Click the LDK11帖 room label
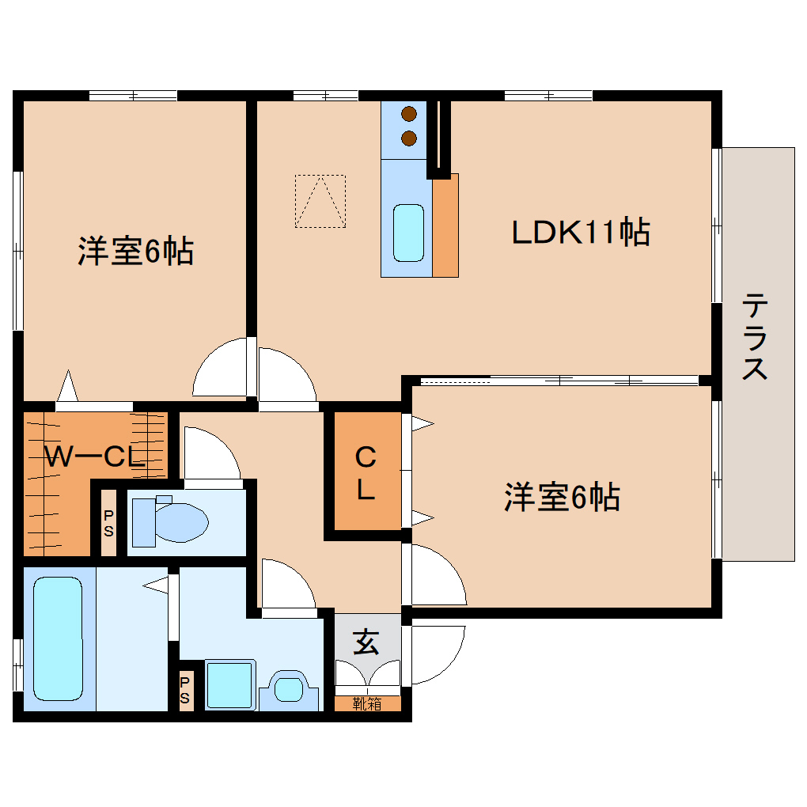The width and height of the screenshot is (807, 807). (x=581, y=233)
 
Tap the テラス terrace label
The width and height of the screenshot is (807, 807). (x=756, y=336)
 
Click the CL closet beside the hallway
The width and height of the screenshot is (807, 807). (x=365, y=472)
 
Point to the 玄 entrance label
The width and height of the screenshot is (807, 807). (x=365, y=642)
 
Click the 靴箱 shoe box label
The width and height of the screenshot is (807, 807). (x=366, y=703)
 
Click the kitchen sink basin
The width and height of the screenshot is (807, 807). (x=408, y=233)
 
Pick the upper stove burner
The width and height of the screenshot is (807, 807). (x=409, y=114)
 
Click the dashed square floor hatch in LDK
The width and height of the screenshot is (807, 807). (x=320, y=201)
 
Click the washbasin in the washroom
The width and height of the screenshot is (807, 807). (x=290, y=688)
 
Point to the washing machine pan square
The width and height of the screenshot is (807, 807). (x=229, y=684)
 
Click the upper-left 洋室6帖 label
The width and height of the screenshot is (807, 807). (x=135, y=252)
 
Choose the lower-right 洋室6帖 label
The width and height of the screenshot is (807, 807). (x=562, y=498)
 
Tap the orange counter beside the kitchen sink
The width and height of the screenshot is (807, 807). (x=446, y=225)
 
